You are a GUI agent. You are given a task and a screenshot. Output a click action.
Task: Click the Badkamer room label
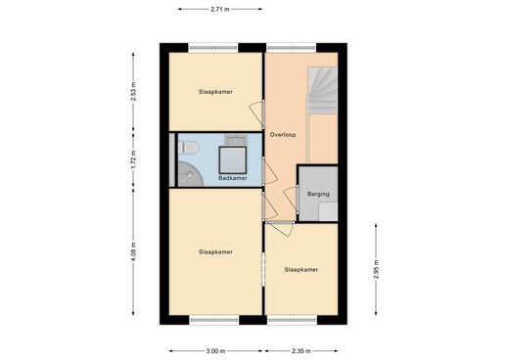coord(233,178)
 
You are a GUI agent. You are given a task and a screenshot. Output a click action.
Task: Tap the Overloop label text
coord(283,135)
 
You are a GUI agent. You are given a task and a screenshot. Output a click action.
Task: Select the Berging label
coord(318,194)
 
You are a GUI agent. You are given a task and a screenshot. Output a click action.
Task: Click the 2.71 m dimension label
coord(220,9)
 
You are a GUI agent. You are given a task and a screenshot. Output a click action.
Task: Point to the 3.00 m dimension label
coord(215,351)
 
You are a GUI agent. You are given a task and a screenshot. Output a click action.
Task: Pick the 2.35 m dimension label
coord(301,351)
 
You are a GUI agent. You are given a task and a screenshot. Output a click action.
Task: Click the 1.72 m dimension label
coord(133,160)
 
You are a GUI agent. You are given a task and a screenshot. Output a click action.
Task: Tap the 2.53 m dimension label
coord(133,92)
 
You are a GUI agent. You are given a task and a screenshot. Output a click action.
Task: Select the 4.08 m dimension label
coord(133,251)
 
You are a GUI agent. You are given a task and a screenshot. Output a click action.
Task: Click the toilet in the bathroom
coord(188,148)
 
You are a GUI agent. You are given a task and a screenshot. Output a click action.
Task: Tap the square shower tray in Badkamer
coord(233,160)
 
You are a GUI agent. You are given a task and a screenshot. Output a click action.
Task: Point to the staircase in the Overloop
coord(323,90)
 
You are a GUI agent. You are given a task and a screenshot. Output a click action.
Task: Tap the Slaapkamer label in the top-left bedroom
coord(215,92)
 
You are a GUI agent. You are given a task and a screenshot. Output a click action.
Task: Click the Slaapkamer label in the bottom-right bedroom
coord(301,270)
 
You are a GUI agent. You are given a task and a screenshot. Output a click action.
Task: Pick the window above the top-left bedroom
coord(213,48)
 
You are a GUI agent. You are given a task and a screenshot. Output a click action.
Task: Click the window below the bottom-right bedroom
coord(292,320)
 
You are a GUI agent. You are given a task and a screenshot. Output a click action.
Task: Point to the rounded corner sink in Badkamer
coord(189,175)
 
